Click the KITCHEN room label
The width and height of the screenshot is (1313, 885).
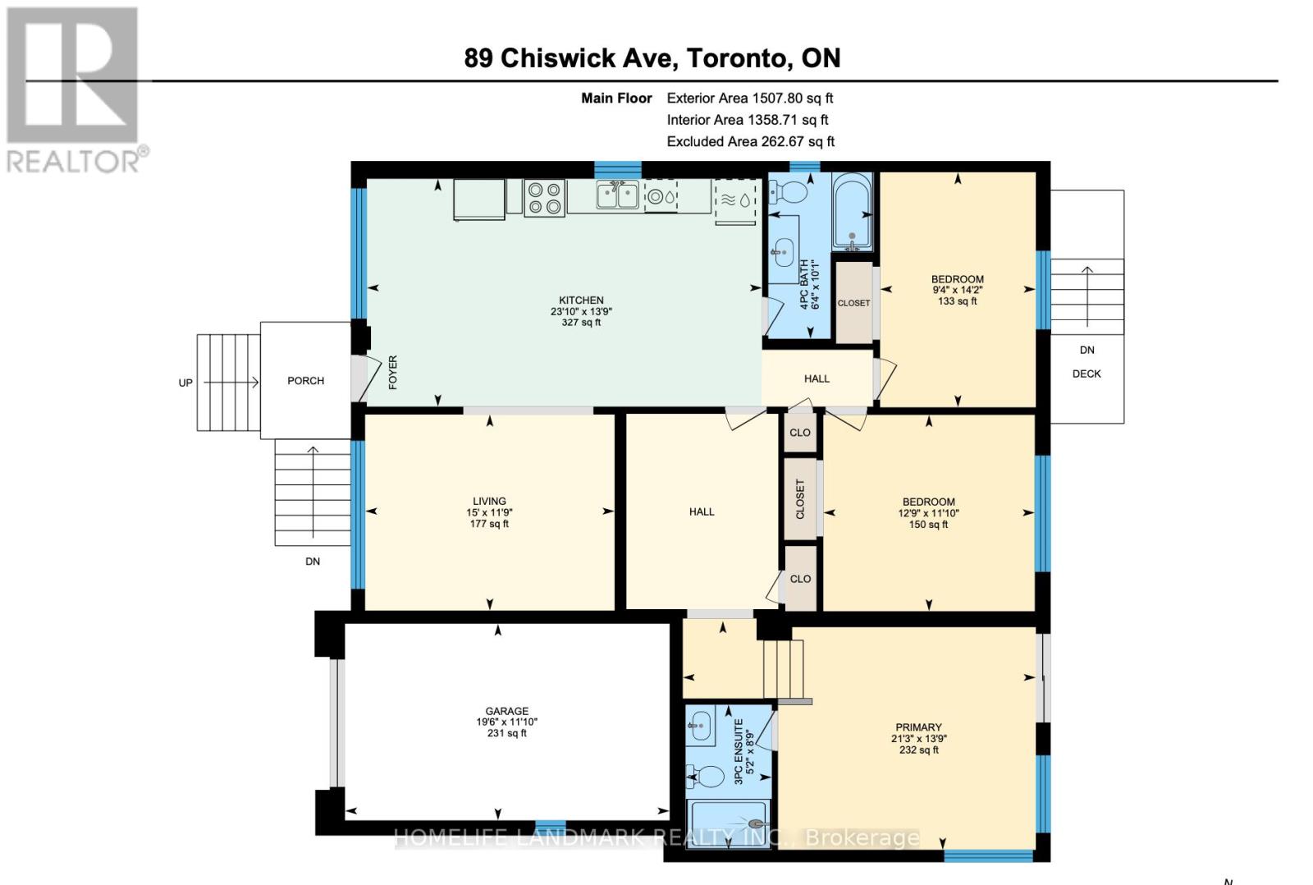click(x=581, y=300)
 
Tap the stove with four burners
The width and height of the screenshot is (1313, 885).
click(x=544, y=198)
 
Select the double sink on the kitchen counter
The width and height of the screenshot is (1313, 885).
click(x=617, y=196)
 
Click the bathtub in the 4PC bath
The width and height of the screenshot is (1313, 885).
click(x=853, y=212)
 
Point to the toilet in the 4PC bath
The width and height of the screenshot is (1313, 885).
click(x=789, y=192)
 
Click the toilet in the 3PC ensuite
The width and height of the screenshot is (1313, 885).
click(x=707, y=775)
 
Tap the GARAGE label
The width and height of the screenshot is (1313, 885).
click(x=506, y=711)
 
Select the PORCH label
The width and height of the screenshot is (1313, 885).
click(x=305, y=381)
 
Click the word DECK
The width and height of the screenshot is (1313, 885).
click(x=1086, y=374)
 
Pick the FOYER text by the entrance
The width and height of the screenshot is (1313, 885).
click(x=393, y=372)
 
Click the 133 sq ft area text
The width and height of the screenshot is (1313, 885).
click(x=957, y=301)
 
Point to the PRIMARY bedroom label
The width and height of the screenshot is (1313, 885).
click(x=918, y=727)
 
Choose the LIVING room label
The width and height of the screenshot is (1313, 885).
click(x=489, y=501)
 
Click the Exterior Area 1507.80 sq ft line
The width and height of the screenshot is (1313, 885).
click(x=749, y=98)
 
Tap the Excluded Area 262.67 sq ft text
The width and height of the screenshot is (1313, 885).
click(x=750, y=141)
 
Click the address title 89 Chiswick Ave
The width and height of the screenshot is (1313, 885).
click(x=652, y=57)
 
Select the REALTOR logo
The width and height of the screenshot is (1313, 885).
click(x=75, y=90)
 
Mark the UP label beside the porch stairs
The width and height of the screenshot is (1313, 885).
click(x=185, y=383)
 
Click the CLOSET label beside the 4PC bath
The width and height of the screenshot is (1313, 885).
click(x=853, y=303)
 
